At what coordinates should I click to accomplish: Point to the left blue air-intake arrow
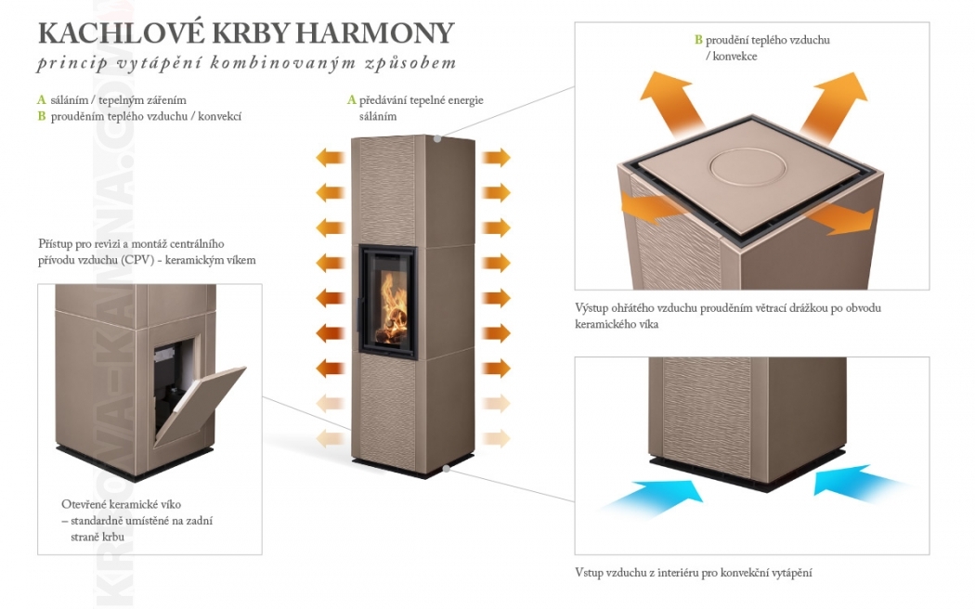(653, 494)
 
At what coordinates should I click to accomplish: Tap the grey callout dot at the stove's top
(437, 138)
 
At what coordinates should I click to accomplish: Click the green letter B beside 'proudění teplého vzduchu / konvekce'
(698, 40)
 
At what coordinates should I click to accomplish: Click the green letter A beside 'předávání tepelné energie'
(351, 100)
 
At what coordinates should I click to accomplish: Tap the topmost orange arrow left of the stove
(331, 157)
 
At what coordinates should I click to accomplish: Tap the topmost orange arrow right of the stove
(496, 157)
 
